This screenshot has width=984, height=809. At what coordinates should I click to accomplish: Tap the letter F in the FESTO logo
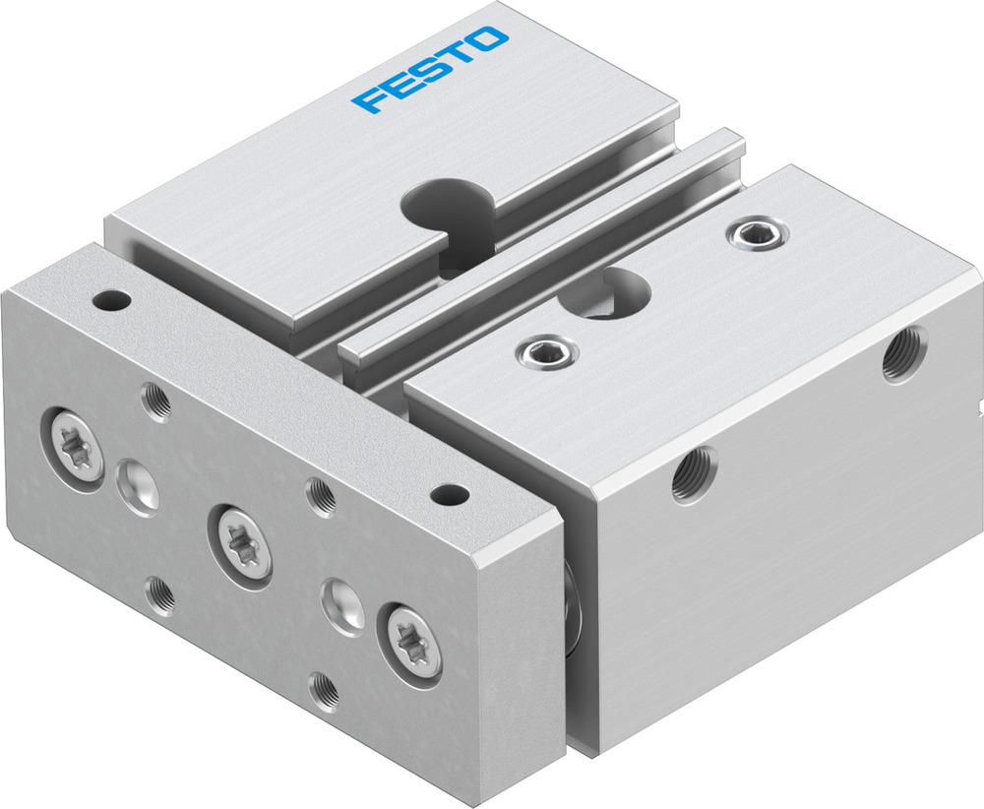pyautogui.click(x=370, y=99)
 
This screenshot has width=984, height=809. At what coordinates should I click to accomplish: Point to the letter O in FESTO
pyautogui.click(x=491, y=40)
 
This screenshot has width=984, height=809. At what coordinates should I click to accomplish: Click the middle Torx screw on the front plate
pyautogui.click(x=236, y=537)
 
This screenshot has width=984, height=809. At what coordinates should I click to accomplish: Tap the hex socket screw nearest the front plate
pyautogui.click(x=542, y=350)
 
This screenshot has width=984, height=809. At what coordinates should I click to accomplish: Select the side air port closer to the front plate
pyautogui.click(x=693, y=475)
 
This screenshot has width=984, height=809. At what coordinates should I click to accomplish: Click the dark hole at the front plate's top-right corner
pyautogui.click(x=450, y=491)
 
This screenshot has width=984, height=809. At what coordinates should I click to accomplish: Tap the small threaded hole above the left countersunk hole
pyautogui.click(x=155, y=400)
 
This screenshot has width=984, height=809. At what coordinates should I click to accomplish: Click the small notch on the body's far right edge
pyautogui.click(x=978, y=404)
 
